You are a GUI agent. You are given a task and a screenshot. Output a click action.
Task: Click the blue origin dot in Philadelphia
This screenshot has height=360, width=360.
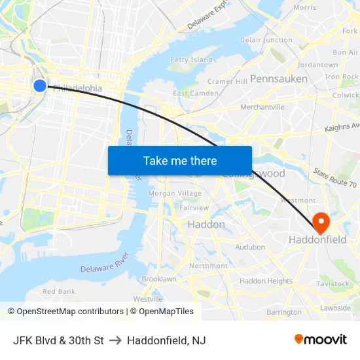(x=40, y=85)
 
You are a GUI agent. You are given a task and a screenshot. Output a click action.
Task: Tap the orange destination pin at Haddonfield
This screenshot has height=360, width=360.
(x=321, y=222)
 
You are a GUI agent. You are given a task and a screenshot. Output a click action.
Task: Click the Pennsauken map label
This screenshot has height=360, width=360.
(x=278, y=79)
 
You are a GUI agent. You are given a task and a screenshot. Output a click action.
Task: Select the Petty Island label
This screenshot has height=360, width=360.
(x=191, y=60)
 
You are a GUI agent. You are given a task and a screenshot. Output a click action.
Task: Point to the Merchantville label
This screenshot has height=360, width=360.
(x=262, y=107)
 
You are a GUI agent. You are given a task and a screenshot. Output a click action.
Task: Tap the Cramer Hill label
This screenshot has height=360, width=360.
(x=227, y=81)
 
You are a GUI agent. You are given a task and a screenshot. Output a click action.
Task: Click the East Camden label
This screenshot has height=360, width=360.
(x=196, y=94)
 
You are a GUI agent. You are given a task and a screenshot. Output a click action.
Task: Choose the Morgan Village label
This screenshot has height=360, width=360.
(x=175, y=193)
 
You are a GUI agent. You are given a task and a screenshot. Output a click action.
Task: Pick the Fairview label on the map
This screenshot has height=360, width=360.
(x=194, y=207)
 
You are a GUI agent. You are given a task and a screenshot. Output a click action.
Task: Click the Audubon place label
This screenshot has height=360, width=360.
(x=250, y=247)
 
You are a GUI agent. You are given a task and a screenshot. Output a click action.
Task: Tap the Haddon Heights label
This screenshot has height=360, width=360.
(x=266, y=281)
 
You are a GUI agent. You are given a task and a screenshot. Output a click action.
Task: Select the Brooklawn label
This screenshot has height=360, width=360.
(x=159, y=279)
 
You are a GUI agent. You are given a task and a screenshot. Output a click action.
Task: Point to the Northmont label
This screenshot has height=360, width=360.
(x=208, y=266)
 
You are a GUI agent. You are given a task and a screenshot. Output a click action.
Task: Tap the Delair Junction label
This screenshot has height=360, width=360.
(x=266, y=40)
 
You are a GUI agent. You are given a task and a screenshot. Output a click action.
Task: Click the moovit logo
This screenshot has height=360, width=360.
(x=321, y=339)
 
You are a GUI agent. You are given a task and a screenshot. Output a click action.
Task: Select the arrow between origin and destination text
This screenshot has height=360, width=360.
(x=115, y=340)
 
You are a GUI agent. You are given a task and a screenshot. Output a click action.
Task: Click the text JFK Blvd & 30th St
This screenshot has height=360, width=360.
(x=58, y=340)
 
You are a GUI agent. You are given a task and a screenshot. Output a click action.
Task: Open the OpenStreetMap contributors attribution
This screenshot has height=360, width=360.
(x=65, y=312)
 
